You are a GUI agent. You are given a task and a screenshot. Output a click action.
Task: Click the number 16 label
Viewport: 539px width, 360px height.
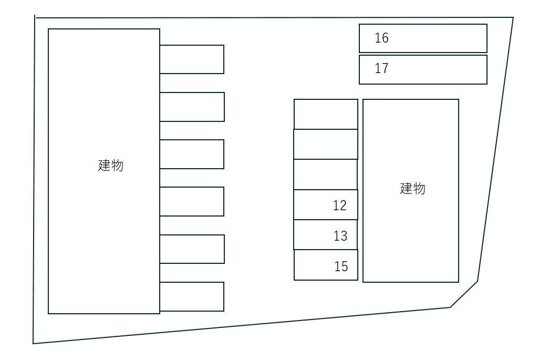381,38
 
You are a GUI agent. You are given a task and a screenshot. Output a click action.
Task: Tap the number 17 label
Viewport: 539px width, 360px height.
381,68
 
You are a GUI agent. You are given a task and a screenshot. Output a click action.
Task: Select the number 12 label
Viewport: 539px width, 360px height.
340,205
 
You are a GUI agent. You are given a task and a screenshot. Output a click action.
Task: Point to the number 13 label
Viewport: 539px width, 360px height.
340,236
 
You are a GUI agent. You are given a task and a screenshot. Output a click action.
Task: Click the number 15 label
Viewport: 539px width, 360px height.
341,266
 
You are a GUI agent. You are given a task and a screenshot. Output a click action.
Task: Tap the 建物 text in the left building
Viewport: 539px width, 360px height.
111,165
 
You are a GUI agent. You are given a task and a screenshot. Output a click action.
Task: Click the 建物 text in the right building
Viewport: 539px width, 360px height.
412,188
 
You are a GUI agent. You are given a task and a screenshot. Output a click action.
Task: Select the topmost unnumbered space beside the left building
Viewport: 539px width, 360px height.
192,59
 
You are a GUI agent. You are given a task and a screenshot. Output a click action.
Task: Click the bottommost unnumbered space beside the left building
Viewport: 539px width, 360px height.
192,296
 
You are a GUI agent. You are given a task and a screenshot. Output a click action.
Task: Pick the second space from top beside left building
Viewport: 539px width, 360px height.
192,107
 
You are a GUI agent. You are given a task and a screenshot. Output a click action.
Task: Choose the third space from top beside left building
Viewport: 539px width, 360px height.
192,154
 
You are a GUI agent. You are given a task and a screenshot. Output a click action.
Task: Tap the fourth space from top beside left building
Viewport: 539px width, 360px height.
192,201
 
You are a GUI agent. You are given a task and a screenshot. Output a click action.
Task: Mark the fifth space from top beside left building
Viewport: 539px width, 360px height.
192,249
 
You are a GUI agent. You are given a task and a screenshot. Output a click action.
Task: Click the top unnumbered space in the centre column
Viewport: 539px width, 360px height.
326,114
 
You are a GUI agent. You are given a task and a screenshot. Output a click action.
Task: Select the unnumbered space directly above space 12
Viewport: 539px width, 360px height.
325,174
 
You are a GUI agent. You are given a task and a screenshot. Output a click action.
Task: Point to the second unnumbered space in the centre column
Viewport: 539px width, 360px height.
325,144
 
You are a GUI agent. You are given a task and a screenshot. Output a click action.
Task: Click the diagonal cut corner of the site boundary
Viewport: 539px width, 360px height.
464,294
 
